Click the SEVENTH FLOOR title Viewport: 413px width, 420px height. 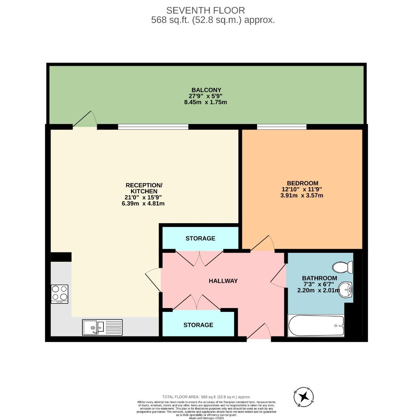click(x=205, y=10)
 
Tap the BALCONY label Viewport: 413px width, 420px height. click(x=205, y=89)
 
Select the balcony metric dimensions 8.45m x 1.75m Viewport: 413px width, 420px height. click(x=205, y=102)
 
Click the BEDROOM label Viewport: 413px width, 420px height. click(x=303, y=183)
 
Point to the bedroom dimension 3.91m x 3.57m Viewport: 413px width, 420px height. click(x=302, y=196)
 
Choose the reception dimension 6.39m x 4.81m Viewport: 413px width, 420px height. click(x=143, y=203)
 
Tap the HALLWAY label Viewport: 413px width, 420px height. click(x=223, y=281)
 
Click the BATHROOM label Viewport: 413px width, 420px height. click(x=320, y=278)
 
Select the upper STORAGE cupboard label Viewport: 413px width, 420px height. click(x=200, y=238)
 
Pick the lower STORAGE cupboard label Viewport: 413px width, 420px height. click(x=198, y=325)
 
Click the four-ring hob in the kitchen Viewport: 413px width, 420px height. click(x=59, y=294)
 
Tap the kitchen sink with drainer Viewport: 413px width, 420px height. click(x=102, y=327)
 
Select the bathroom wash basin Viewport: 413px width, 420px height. click(x=346, y=290)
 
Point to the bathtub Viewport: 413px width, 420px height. click(x=316, y=325)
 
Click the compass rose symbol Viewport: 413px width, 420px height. click(x=303, y=397)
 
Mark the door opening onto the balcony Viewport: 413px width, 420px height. click(x=85, y=121)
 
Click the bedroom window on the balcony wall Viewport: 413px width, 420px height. click(x=282, y=126)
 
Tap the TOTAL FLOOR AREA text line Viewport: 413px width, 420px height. click(x=206, y=397)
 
